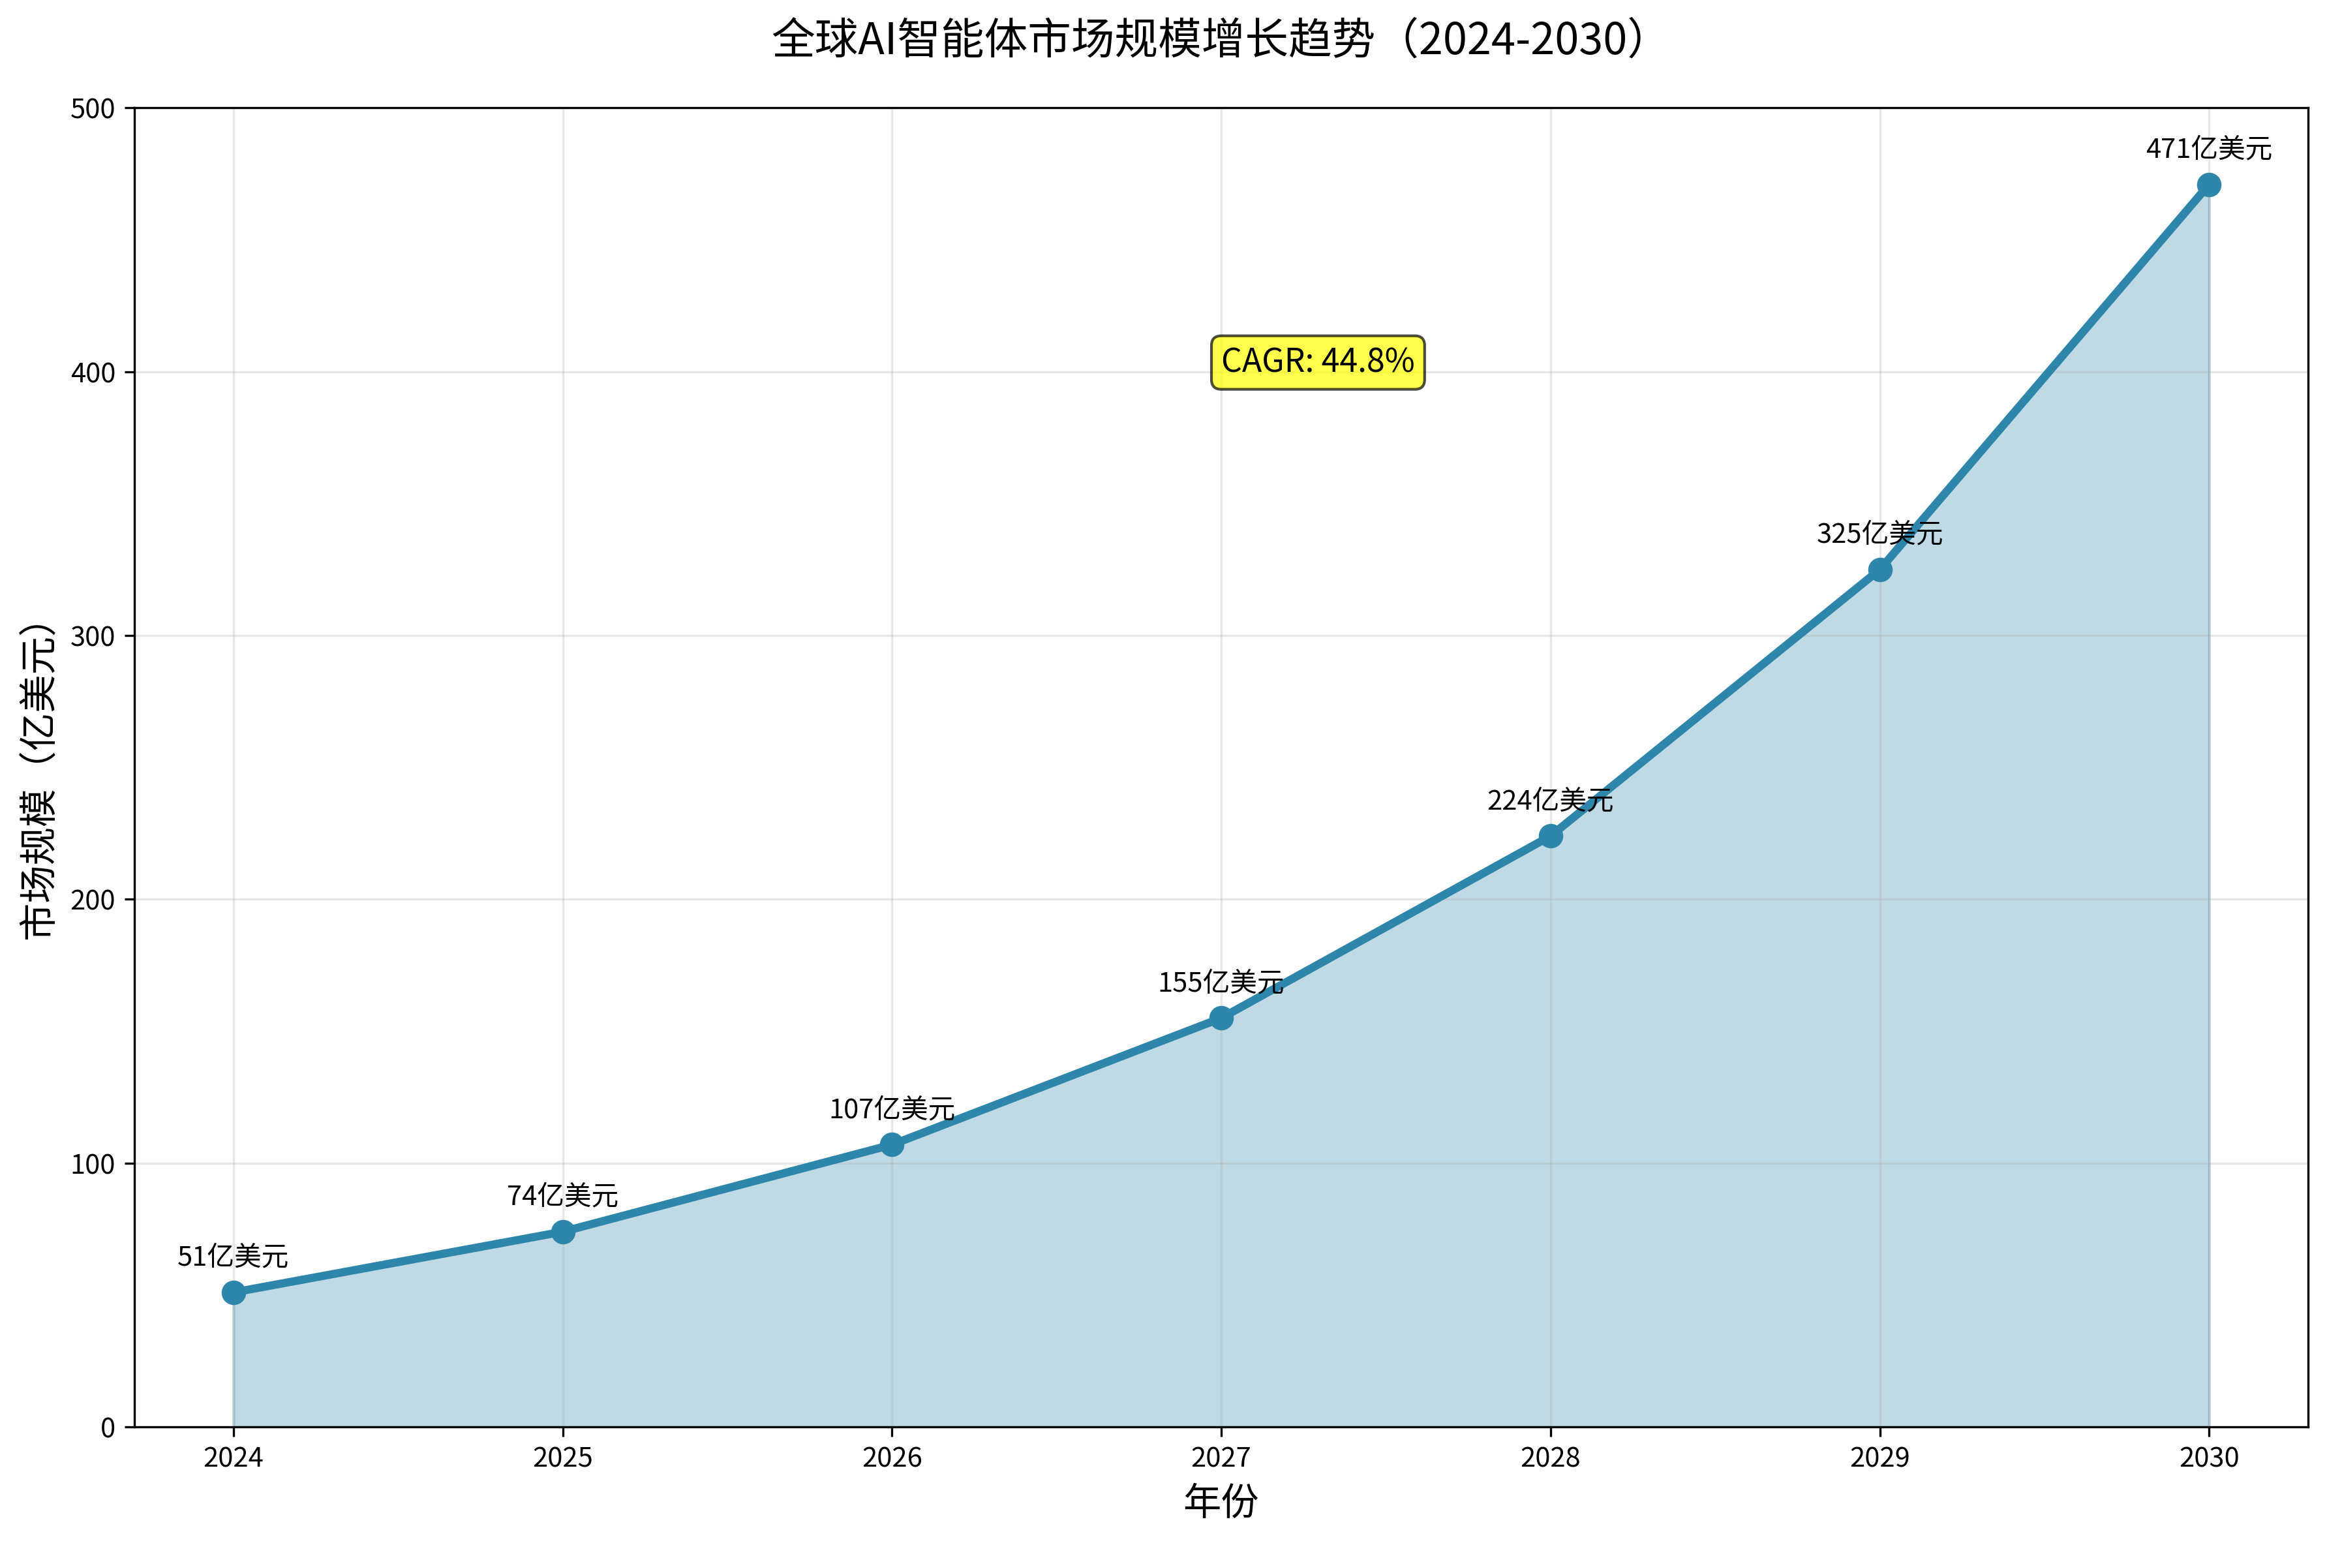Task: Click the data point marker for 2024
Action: [233, 1292]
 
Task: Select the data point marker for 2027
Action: [1221, 1018]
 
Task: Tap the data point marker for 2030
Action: [2209, 185]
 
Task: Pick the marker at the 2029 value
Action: [1879, 570]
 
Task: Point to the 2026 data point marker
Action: [891, 1144]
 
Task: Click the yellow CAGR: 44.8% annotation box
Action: [1318, 362]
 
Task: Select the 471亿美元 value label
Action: [2209, 149]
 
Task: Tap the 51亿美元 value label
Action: [233, 1257]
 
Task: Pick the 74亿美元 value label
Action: [563, 1196]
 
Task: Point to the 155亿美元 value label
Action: [1221, 982]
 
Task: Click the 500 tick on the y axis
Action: [93, 109]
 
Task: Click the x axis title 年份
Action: [1221, 1502]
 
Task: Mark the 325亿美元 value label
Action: [1879, 533]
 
